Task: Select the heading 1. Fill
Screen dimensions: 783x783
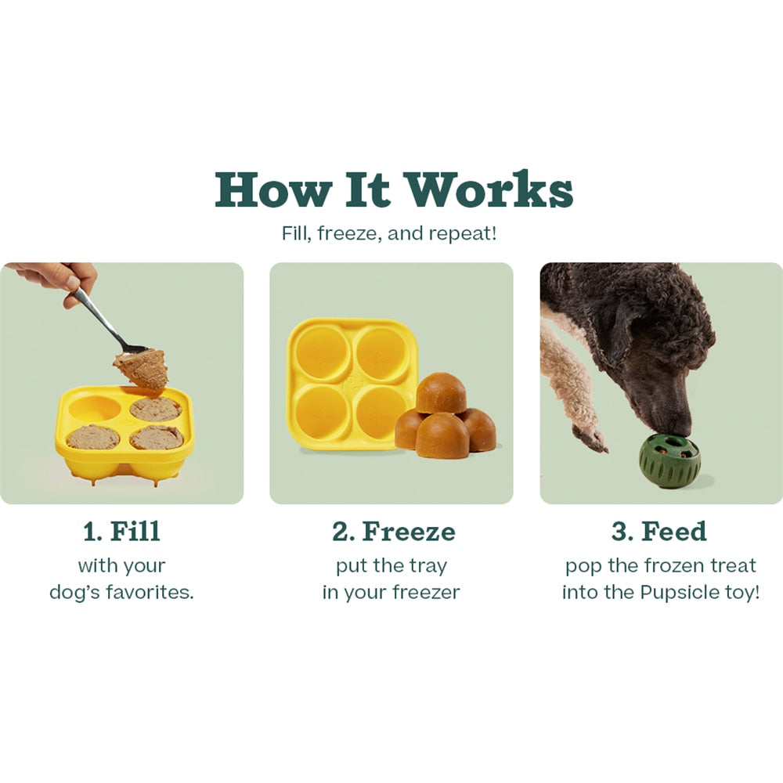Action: click(x=121, y=532)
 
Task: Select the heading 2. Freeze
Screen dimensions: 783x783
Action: click(x=393, y=532)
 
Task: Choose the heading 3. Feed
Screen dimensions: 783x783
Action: click(x=659, y=532)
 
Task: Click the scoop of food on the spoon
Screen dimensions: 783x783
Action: click(x=142, y=368)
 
